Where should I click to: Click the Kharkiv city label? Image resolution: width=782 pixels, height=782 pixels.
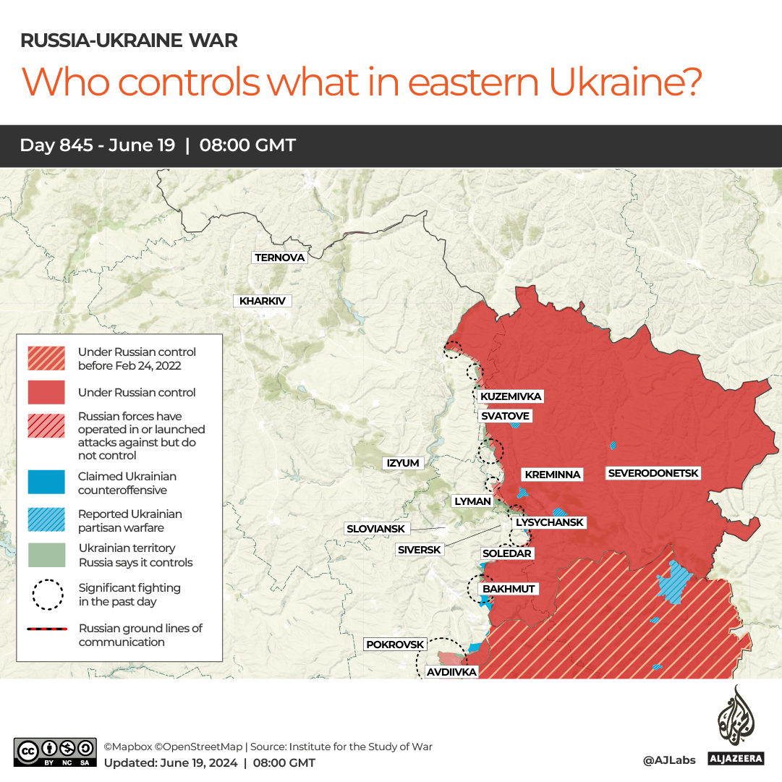click(262, 301)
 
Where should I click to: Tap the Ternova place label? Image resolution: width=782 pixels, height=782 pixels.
click(280, 258)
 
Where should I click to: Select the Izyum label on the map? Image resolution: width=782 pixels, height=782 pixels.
click(403, 463)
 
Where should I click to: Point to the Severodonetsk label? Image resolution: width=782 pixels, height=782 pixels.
click(653, 473)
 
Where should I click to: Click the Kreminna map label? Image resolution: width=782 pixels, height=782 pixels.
click(553, 475)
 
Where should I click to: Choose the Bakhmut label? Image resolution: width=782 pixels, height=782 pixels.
click(509, 589)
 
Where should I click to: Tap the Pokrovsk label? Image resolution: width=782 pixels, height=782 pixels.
click(394, 644)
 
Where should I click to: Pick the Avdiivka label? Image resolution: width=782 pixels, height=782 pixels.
click(451, 672)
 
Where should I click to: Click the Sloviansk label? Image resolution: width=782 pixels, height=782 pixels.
click(375, 529)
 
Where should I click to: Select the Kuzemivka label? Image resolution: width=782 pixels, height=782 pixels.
click(511, 396)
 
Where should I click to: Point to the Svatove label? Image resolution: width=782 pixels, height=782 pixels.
click(505, 416)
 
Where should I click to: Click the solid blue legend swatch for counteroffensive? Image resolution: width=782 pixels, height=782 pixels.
click(46, 483)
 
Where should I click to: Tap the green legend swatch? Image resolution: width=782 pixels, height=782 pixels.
click(46, 555)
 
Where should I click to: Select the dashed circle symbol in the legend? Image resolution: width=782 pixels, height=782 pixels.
click(46, 594)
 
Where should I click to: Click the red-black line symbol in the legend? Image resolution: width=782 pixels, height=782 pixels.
click(46, 629)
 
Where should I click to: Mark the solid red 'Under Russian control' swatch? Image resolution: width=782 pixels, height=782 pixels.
click(46, 393)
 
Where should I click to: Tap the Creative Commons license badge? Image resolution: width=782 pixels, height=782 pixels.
click(55, 752)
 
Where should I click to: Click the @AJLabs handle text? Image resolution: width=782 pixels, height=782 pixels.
click(669, 760)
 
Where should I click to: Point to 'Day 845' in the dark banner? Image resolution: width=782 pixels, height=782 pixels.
click(56, 145)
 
